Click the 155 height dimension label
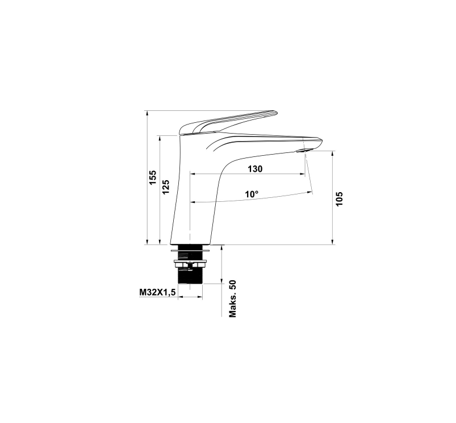[x=153, y=177]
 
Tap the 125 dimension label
[x=165, y=187]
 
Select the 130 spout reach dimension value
[x=255, y=169]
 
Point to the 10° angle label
[x=252, y=194]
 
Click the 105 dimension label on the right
[x=340, y=199]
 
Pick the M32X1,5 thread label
[x=158, y=292]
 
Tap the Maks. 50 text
[x=233, y=298]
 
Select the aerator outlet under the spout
[x=302, y=151]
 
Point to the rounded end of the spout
[x=321, y=142]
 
